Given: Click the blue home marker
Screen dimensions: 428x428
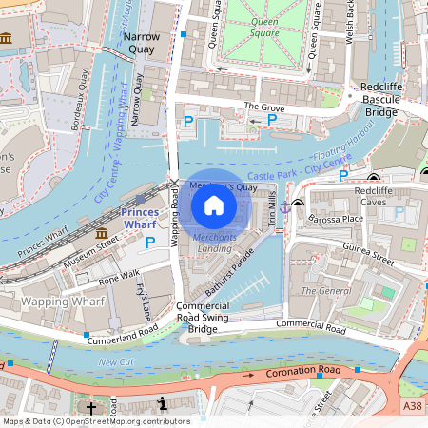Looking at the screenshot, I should tap(214, 205).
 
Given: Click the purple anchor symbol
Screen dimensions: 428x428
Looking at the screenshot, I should tap(284, 206).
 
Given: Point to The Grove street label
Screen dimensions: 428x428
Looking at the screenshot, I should tap(263, 106).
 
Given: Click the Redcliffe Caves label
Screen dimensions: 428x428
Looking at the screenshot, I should tap(379, 197).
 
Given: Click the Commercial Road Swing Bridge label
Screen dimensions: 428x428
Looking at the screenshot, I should tap(203, 318).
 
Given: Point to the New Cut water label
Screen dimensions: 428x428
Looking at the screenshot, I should tap(115, 362).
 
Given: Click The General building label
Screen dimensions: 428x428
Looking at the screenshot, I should tap(321, 290).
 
